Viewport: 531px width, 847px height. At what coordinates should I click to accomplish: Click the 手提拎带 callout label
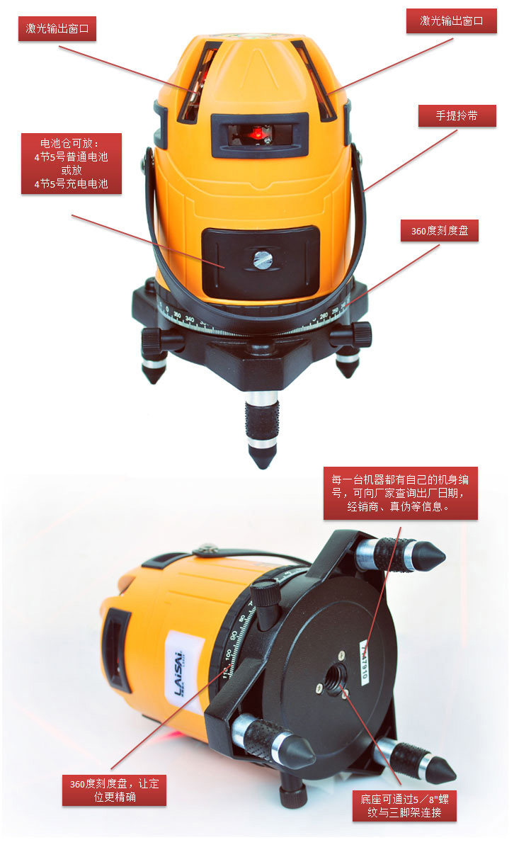(457, 116)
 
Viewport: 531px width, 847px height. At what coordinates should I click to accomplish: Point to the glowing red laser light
(258, 132)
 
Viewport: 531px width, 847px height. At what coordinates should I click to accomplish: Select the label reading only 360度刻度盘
(440, 231)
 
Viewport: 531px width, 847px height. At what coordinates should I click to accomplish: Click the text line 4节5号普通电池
(71, 157)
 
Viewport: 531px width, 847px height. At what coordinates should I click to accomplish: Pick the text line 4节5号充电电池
(71, 184)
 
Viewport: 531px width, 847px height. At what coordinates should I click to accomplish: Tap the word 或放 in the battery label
(71, 171)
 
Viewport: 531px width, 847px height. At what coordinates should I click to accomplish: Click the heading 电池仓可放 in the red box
(71, 144)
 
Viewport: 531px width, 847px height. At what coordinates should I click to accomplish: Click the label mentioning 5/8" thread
(404, 806)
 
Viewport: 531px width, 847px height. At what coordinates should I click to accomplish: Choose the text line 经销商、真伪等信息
(401, 507)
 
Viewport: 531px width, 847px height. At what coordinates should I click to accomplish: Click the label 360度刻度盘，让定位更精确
(114, 790)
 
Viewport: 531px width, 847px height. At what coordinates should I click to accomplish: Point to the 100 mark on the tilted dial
(228, 652)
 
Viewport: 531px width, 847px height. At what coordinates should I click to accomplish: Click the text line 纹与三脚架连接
(404, 813)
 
